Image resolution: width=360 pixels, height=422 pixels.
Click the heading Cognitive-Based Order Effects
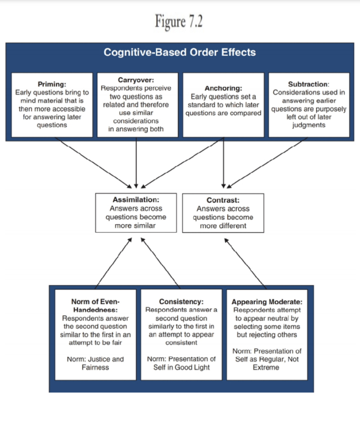pyautogui.click(x=180, y=53)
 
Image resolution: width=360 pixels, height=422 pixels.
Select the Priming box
pyautogui.click(x=52, y=105)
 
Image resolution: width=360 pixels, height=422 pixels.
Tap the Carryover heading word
pyautogui.click(x=136, y=80)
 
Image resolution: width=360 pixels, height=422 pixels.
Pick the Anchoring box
pyautogui.click(x=223, y=105)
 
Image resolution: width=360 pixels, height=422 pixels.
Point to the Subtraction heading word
pyautogui.click(x=309, y=84)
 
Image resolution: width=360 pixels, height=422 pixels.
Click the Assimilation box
pyautogui.click(x=136, y=213)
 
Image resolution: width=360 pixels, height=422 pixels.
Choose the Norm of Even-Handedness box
pyautogui.click(x=95, y=334)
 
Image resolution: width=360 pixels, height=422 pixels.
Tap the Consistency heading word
pyautogui.click(x=182, y=302)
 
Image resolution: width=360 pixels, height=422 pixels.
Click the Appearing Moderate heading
pyautogui.click(x=267, y=302)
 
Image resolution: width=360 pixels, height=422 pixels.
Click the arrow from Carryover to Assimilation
pyautogui.click(x=136, y=163)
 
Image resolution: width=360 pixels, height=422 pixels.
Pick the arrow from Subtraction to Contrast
pyautogui.click(x=268, y=163)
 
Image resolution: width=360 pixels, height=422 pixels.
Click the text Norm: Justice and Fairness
pyautogui.click(x=95, y=363)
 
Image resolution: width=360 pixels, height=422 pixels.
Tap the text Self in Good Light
pyautogui.click(x=181, y=367)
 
